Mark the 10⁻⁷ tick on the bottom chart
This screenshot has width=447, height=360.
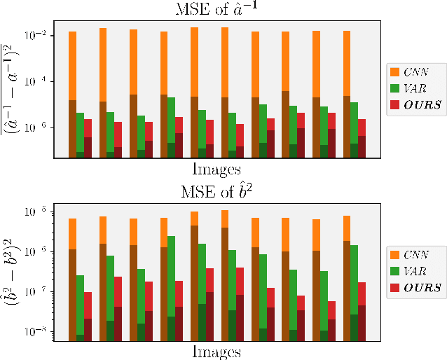click(37, 291)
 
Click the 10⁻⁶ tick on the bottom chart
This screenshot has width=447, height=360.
click(37, 251)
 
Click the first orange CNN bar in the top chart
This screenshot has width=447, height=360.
click(72, 66)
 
